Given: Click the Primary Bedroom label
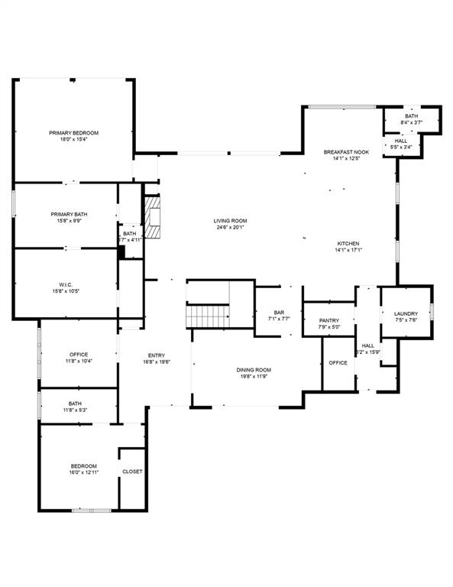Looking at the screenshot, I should [74, 133].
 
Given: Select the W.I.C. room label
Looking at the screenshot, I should [65, 284].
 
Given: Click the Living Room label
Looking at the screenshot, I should [230, 221].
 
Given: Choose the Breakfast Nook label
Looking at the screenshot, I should [346, 152].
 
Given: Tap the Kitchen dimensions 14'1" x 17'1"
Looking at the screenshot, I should [348, 250].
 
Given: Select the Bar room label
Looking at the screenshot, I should [279, 312].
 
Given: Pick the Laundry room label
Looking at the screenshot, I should [406, 314].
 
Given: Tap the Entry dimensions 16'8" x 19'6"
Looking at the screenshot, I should [157, 362].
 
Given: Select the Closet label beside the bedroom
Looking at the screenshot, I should [132, 472].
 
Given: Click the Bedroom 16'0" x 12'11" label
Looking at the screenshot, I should [84, 466].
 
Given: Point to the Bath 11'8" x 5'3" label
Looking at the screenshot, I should [75, 404].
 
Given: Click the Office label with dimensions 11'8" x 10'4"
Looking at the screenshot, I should [79, 355].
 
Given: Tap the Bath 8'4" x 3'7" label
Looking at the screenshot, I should [412, 116].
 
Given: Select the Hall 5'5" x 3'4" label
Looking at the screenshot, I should [401, 141].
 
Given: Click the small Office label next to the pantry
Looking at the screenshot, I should [338, 362].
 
